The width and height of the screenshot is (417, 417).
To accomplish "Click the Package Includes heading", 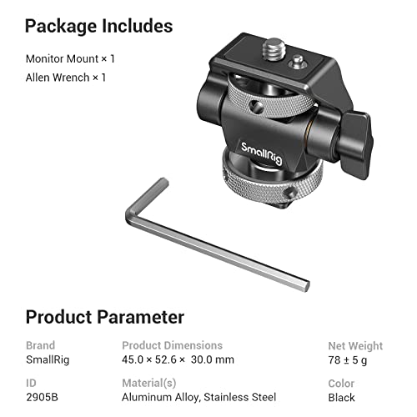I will [98, 26].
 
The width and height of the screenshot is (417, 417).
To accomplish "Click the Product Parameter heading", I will [104, 317].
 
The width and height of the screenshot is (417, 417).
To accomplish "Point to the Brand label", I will [40, 345].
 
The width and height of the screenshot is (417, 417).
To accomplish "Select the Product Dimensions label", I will [172, 345].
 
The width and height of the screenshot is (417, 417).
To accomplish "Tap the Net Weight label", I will [355, 345].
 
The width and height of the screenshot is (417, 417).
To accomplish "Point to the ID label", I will [31, 383].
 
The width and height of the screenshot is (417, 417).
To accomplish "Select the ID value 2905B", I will [42, 397].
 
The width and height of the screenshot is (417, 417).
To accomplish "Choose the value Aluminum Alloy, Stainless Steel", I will [198, 397].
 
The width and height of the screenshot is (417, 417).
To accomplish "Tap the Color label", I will [342, 383].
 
